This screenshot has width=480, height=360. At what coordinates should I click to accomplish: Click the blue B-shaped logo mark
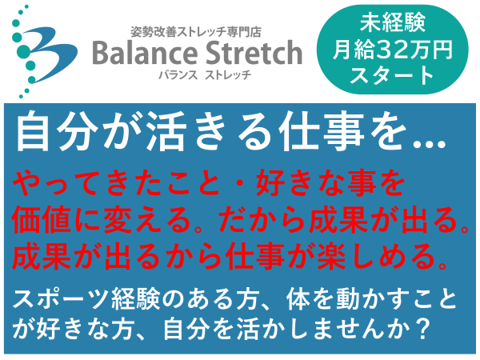tap(50, 54)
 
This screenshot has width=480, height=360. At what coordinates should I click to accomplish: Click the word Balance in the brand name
tap(145, 53)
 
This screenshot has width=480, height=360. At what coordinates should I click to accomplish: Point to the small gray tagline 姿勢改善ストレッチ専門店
tap(196, 32)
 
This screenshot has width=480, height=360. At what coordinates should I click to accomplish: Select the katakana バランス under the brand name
tap(178, 74)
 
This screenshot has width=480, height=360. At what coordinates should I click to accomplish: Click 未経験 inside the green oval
tap(393, 22)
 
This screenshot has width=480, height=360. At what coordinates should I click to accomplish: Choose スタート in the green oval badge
tap(393, 76)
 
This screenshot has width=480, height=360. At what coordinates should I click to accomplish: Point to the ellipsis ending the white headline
tap(429, 144)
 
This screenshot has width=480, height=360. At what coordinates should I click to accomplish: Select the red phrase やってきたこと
tap(117, 183)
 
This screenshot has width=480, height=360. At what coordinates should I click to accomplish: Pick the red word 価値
tap(42, 220)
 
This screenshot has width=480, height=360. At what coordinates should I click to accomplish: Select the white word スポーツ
tap(61, 299)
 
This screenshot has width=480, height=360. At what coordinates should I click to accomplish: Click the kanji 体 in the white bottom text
tap(299, 299)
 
